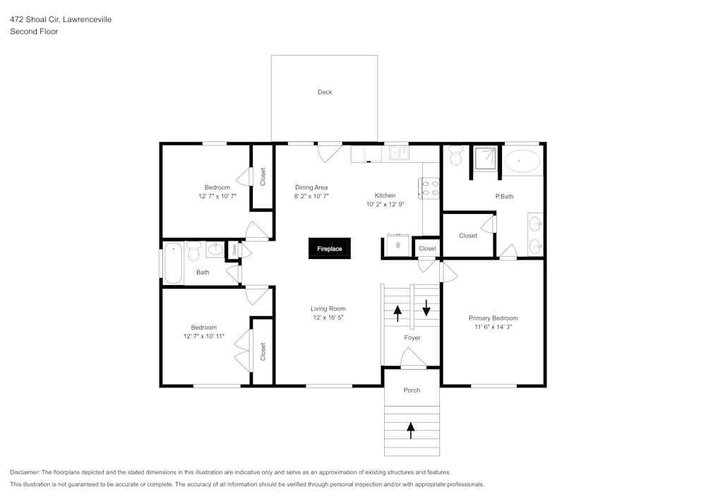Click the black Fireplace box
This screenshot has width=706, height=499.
pyautogui.click(x=329, y=248)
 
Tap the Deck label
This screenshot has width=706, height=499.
pyautogui.click(x=325, y=92)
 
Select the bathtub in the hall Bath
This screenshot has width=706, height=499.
pyautogui.click(x=174, y=263)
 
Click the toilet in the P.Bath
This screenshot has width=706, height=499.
pyautogui.click(x=456, y=155)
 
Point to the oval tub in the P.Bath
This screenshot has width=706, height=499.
pyautogui.click(x=522, y=161)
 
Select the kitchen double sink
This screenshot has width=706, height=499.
pyautogui.click(x=398, y=151)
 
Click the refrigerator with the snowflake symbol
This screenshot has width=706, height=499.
pyautogui.click(x=398, y=245)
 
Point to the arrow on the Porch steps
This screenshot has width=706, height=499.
pyautogui.click(x=412, y=428)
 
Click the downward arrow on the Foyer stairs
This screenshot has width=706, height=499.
pyautogui.click(x=426, y=308)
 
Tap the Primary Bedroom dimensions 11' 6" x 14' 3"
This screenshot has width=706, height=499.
pyautogui.click(x=493, y=327)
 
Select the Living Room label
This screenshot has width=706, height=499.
pyautogui.click(x=328, y=308)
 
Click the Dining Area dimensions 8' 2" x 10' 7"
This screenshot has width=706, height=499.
pyautogui.click(x=311, y=196)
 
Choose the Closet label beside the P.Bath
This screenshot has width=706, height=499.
pyautogui.click(x=468, y=236)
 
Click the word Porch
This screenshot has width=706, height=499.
pyautogui.click(x=412, y=390)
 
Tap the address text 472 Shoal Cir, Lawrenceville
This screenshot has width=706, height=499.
pyautogui.click(x=60, y=20)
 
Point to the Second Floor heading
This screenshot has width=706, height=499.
pyautogui.click(x=34, y=32)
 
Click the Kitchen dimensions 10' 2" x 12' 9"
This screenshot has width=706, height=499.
pyautogui.click(x=385, y=205)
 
